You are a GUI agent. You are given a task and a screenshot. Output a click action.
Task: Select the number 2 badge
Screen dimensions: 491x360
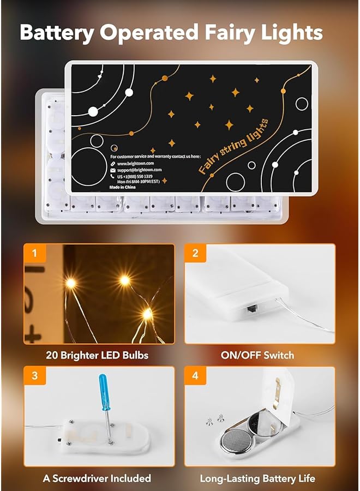195,253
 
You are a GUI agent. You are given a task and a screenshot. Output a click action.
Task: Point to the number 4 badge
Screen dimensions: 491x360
195,376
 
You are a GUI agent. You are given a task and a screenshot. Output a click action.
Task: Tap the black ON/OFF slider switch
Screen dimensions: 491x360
251,309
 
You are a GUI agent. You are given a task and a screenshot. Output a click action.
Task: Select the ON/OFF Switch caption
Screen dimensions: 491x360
257,355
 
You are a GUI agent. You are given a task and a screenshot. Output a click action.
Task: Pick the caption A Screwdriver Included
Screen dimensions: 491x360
97,478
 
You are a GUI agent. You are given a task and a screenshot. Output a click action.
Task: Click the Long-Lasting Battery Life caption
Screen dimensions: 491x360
257,478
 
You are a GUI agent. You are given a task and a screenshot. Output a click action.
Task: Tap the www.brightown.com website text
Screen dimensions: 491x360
135,163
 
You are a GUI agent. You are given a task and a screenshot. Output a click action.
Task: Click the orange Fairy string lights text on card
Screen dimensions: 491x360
233,146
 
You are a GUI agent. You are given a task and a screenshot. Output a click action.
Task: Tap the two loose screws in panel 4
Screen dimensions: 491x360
215,419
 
